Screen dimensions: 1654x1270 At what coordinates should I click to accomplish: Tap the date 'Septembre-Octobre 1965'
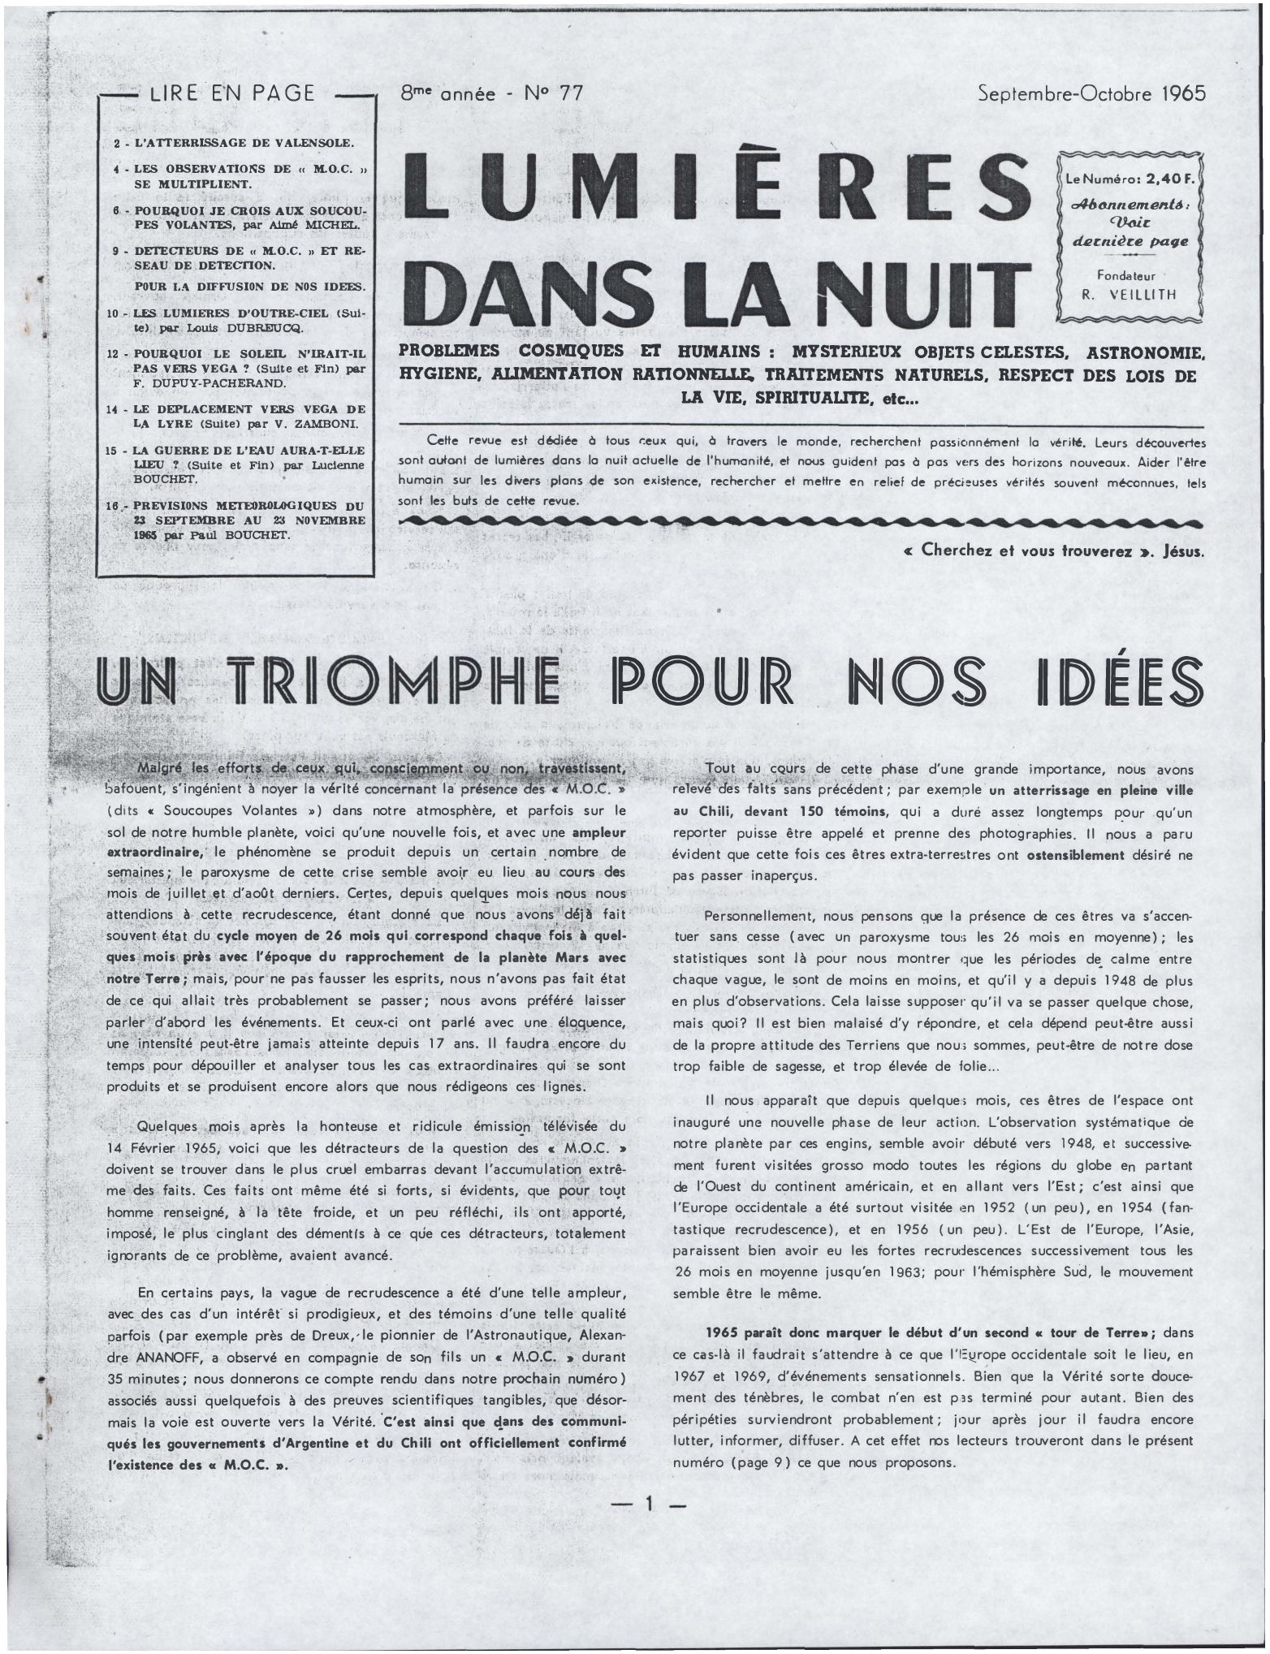click(x=1092, y=93)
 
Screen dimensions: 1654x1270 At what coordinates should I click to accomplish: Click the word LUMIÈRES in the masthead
click(x=718, y=188)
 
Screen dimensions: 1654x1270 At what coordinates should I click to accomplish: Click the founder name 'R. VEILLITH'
click(x=1128, y=295)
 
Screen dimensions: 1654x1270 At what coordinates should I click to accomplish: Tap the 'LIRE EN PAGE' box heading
click(x=233, y=93)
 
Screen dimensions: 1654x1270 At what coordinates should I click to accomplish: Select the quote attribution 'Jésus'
click(x=1184, y=551)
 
